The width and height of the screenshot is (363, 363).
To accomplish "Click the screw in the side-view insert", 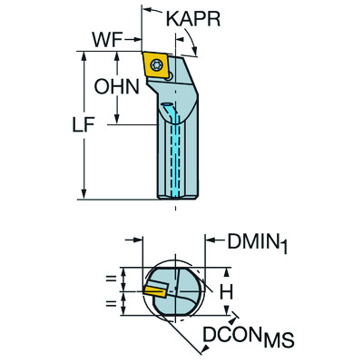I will [160, 65].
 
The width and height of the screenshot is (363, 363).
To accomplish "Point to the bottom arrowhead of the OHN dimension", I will [118, 120].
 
